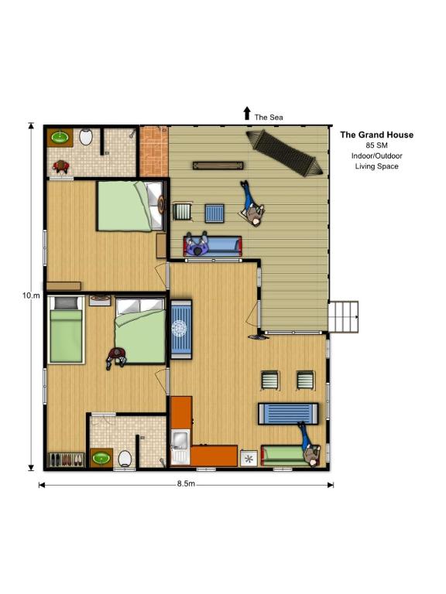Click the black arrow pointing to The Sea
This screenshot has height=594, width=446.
pyautogui.click(x=247, y=113)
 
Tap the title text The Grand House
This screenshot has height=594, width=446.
pyautogui.click(x=376, y=135)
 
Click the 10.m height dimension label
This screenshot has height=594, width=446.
pyautogui.click(x=31, y=295)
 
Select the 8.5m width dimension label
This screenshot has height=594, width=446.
pyautogui.click(x=186, y=483)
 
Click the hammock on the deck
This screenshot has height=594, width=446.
pyautogui.click(x=285, y=153)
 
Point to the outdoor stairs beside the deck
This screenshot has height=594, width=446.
pyautogui.click(x=344, y=317)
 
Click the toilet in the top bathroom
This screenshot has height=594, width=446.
pyautogui.click(x=86, y=137)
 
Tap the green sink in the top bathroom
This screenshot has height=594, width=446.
pyautogui.click(x=60, y=137)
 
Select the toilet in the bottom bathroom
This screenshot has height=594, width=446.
pyautogui.click(x=125, y=458)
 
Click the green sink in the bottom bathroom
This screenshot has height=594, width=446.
pyautogui.click(x=101, y=458)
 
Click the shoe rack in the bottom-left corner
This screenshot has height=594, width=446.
pyautogui.click(x=66, y=460)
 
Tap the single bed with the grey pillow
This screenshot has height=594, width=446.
pyautogui.click(x=66, y=329)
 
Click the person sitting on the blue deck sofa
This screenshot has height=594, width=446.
pyautogui.click(x=197, y=244)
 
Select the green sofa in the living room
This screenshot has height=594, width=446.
pyautogui.click(x=290, y=456)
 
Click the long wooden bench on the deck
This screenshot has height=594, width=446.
pyautogui.click(x=218, y=166)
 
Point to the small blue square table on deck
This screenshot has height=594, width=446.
pyautogui.click(x=214, y=213)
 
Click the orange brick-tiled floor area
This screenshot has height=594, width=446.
pyautogui.click(x=154, y=152)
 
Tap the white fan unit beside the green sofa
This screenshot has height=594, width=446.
pyautogui.click(x=249, y=459)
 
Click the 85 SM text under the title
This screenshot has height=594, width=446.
pyautogui.click(x=376, y=145)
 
